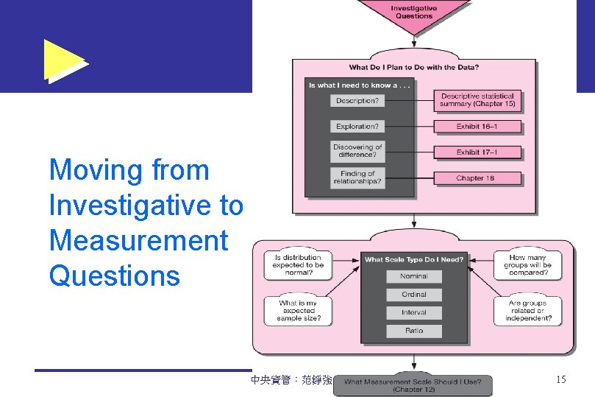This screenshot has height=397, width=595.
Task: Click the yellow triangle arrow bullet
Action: pyautogui.click(x=63, y=60)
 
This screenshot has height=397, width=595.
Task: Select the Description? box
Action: pyautogui.click(x=357, y=100)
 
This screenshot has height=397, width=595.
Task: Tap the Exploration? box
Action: pyautogui.click(x=357, y=127)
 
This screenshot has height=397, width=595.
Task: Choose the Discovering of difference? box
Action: pyautogui.click(x=357, y=151)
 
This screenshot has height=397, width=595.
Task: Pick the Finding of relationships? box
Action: pyautogui.click(x=357, y=178)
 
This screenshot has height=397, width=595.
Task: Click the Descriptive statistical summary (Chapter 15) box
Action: pyautogui.click(x=477, y=100)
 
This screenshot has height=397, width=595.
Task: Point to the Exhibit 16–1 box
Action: pyautogui.click(x=477, y=127)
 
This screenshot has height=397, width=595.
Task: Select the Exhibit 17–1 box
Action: pyautogui.click(x=477, y=152)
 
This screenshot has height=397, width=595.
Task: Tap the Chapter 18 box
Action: pyautogui.click(x=477, y=178)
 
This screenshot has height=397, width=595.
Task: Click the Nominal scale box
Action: pyautogui.click(x=413, y=276)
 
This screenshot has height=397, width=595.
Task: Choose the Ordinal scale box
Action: pyautogui.click(x=413, y=295)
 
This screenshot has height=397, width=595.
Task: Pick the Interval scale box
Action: pyautogui.click(x=413, y=313)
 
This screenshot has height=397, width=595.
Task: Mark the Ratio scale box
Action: pyautogui.click(x=413, y=331)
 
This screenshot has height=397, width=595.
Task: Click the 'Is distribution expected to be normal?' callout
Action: pyautogui.click(x=298, y=265)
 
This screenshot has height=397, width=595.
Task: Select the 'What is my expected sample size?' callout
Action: pyautogui.click(x=298, y=311)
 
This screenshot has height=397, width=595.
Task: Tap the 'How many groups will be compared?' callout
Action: pyautogui.click(x=527, y=265)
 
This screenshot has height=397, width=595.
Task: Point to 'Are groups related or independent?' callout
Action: pyautogui.click(x=527, y=311)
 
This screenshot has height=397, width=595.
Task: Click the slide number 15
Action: pyautogui.click(x=560, y=380)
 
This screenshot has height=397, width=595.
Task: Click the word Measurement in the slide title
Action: pyautogui.click(x=138, y=241)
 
